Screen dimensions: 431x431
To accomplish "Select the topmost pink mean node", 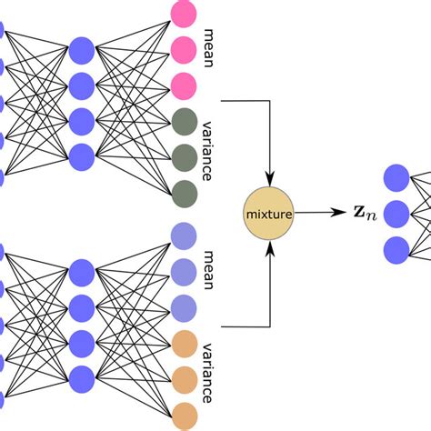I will [183, 14].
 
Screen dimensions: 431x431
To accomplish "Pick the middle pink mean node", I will [183, 49].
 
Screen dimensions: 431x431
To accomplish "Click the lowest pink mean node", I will [183, 85].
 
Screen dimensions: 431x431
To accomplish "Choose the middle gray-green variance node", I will [183, 155].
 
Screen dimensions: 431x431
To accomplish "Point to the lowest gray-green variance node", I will [183, 191].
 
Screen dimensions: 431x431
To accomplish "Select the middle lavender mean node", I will [183, 271].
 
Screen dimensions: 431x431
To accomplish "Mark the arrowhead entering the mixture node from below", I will [270, 252].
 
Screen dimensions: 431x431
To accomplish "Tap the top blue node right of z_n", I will [397, 178].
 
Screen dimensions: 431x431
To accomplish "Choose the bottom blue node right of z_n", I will [397, 248].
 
